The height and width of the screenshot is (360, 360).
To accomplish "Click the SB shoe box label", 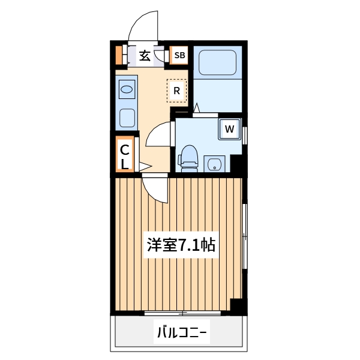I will click(x=179, y=56).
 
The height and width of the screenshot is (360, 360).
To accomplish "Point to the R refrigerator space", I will click(x=177, y=91).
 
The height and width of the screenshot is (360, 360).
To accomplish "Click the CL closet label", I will click(x=125, y=156).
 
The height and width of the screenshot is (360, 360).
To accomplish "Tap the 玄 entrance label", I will click(x=145, y=56).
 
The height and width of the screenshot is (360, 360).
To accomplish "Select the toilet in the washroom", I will click(x=188, y=157).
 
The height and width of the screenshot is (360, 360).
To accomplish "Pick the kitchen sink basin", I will click(x=127, y=90).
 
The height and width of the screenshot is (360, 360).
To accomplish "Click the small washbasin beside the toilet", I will click(x=214, y=163).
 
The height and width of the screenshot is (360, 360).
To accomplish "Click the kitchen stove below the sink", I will click(x=127, y=117).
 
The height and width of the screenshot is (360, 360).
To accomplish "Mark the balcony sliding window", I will click(x=182, y=313).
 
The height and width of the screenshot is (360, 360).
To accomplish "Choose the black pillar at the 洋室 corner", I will click(x=239, y=306).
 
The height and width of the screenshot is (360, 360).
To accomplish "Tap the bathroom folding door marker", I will click(x=196, y=109).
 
